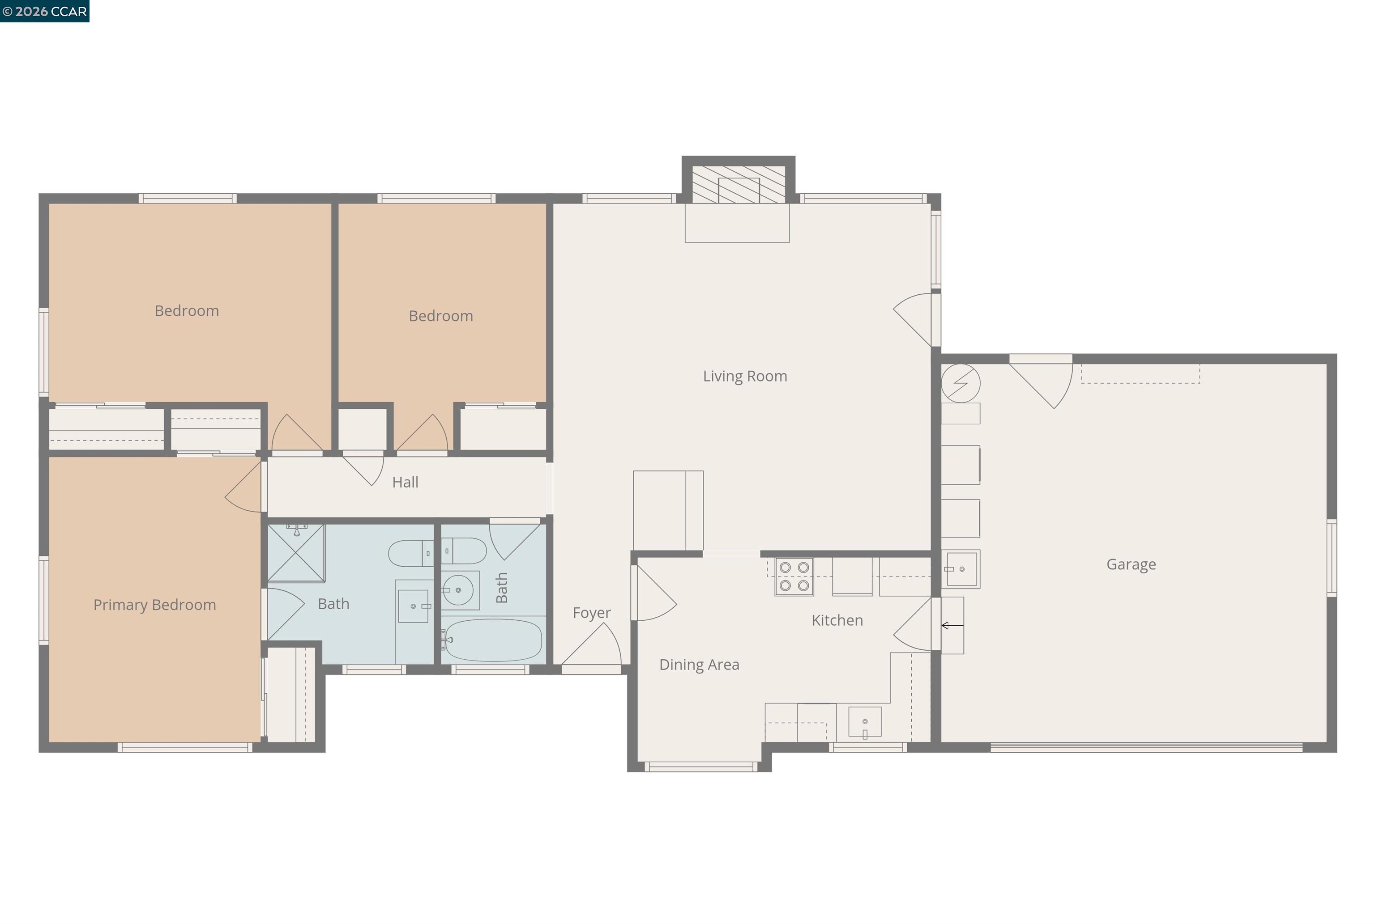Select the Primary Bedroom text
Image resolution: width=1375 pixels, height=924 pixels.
tap(154, 605)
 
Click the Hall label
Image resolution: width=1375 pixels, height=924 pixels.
tap(405, 482)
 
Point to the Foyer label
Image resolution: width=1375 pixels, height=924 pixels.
tap(591, 613)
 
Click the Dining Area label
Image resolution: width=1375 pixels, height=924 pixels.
tap(699, 665)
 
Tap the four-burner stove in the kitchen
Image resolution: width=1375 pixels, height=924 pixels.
tap(794, 576)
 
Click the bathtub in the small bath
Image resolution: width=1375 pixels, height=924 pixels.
tap(493, 640)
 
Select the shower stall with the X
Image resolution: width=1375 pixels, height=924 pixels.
tap(296, 553)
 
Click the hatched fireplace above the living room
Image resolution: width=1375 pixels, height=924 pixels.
tap(738, 184)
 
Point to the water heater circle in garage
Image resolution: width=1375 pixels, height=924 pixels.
tap(960, 384)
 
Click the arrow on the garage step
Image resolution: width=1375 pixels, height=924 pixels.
tap(952, 625)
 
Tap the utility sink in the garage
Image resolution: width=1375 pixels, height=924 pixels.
tap(961, 569)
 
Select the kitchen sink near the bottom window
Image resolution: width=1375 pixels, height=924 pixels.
tap(864, 722)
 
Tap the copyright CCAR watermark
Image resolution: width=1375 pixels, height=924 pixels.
tap(45, 11)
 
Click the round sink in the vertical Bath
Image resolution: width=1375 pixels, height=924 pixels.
tap(458, 590)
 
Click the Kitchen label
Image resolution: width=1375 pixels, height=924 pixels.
tap(837, 620)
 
